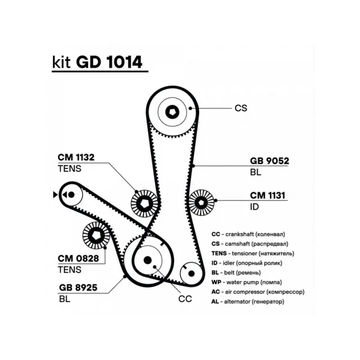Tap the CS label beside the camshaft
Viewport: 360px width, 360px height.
pos(241,108)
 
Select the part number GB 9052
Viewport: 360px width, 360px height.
pos(269,161)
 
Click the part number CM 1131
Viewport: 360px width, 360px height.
pos(269,195)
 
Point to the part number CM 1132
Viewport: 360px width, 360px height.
pos(76,157)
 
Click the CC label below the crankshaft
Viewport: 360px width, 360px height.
pos(185,298)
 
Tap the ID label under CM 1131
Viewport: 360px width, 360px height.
pos(255,207)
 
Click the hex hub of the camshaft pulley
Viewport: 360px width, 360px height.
pos(173,112)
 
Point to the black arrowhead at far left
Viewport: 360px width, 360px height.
pos(55,194)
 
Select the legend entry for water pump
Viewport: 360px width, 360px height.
pos(247,283)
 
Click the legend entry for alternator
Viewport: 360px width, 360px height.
pos(247,301)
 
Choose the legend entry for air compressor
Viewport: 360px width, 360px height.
pos(258,292)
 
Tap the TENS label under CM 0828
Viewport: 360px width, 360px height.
pos(69,270)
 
